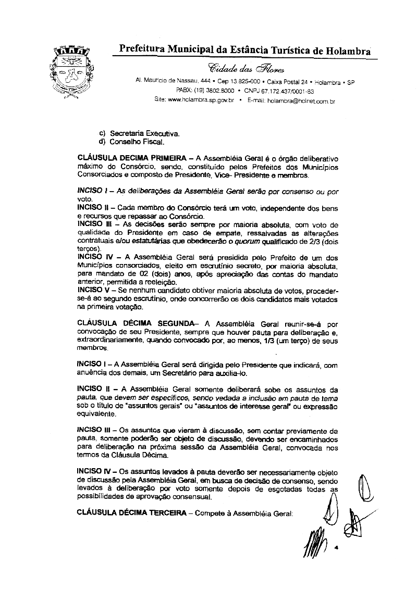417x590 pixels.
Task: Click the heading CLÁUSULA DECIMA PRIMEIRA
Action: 128,157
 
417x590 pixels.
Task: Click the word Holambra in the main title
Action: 341,51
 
